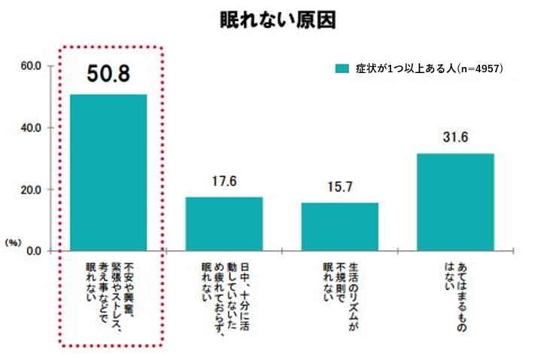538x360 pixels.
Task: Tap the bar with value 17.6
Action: [x=224, y=223]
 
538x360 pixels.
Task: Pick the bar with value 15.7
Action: [x=340, y=226]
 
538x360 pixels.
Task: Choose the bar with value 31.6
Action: [x=456, y=201]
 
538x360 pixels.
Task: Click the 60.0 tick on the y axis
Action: [x=31, y=66]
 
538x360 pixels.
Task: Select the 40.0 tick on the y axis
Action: [x=31, y=128]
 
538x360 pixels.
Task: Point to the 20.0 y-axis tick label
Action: [x=31, y=190]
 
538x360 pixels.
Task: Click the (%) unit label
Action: [x=13, y=243]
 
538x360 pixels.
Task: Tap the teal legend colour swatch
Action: [x=342, y=68]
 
